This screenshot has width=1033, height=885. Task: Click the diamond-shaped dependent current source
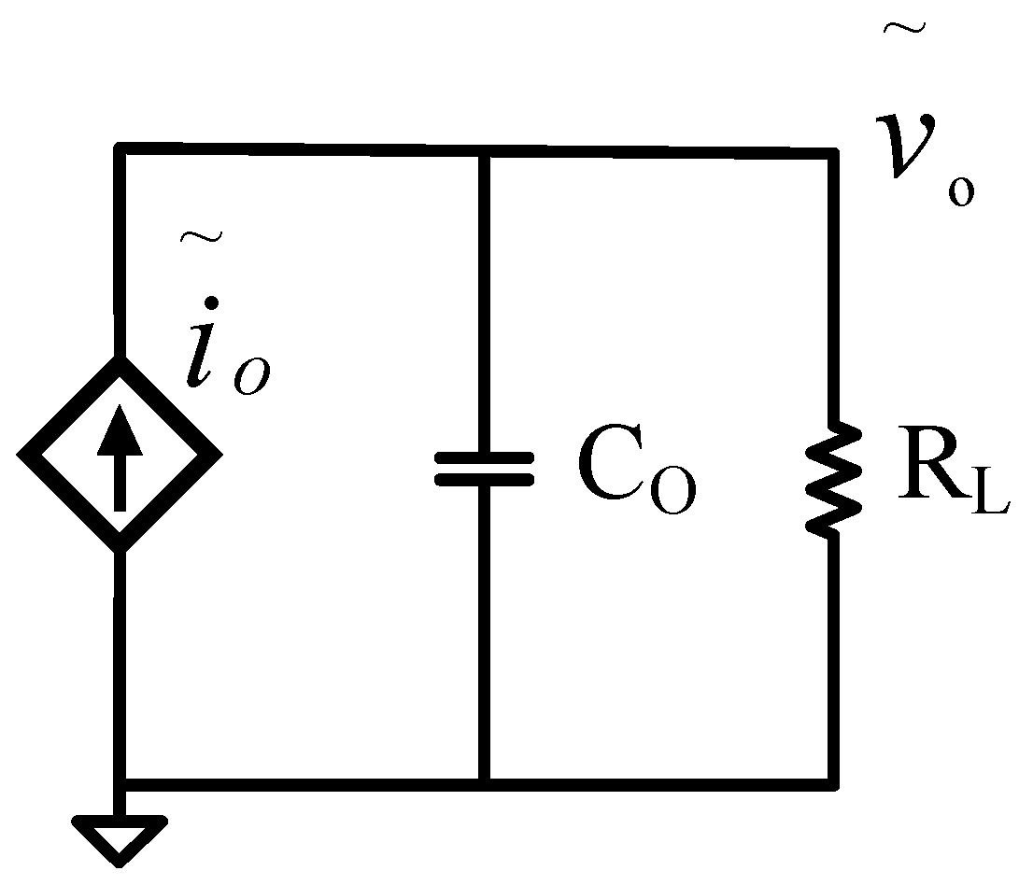click(x=120, y=456)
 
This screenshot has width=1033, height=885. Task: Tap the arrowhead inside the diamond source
click(x=120, y=431)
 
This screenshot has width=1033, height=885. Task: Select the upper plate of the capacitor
click(x=485, y=458)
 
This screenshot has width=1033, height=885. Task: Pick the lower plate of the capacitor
click(x=485, y=479)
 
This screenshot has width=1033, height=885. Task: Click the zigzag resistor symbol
click(x=834, y=478)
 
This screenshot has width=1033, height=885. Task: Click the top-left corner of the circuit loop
click(x=120, y=148)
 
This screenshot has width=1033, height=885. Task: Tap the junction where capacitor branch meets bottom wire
click(x=485, y=780)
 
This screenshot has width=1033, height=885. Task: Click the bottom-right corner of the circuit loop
click(x=833, y=780)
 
